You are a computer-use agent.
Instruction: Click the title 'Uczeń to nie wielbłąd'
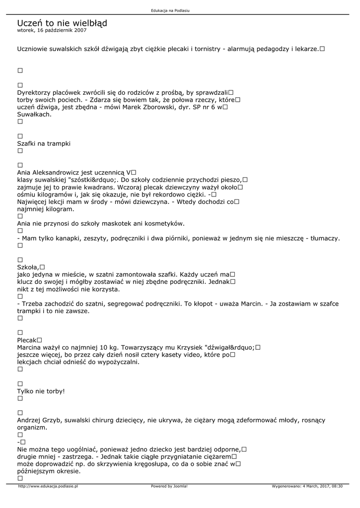62,23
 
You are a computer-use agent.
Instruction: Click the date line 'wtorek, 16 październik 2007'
52,30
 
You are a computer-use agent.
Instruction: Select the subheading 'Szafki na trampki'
44,143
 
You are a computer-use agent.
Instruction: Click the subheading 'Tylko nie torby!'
41,391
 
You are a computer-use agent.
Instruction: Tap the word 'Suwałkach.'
34,114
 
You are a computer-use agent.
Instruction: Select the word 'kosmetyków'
165,224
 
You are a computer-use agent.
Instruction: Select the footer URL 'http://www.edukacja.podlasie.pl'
48,486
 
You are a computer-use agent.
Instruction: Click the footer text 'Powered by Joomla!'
169,486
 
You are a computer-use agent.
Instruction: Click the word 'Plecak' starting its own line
27,340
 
